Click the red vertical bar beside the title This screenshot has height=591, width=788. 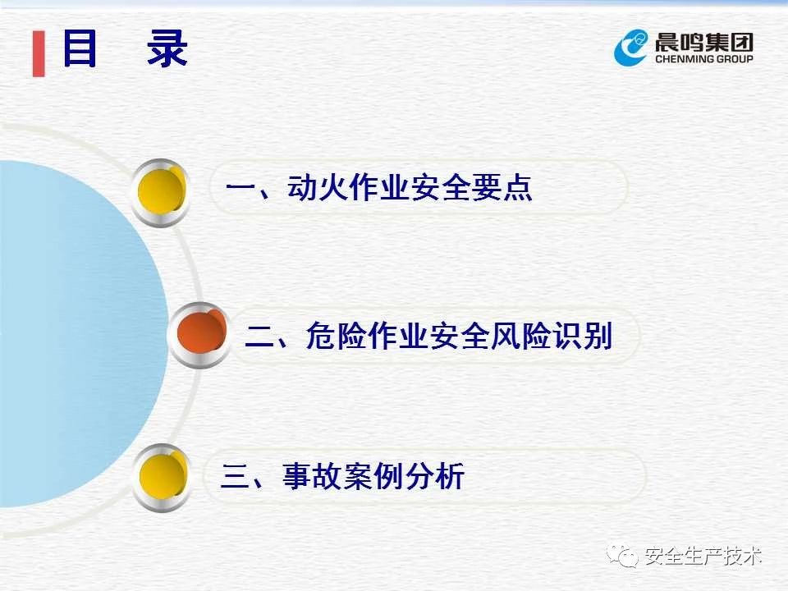[39, 54]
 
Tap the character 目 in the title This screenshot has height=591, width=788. [79, 48]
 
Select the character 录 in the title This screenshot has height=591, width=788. [167, 48]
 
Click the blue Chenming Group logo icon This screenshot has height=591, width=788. [631, 47]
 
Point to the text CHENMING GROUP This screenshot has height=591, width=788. [704, 59]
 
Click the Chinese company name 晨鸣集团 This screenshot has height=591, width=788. [704, 42]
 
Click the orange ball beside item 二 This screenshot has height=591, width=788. [202, 333]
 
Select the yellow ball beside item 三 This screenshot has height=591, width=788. [163, 476]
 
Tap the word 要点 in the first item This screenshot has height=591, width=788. [502, 187]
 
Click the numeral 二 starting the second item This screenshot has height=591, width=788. [259, 337]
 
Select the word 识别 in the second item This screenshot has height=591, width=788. [583, 335]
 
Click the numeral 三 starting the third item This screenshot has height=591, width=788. [236, 476]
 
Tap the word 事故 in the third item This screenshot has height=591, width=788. [313, 476]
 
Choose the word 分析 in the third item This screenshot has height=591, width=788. [435, 476]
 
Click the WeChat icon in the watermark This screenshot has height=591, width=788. [622, 556]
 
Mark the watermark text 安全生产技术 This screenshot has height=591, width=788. [703, 557]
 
